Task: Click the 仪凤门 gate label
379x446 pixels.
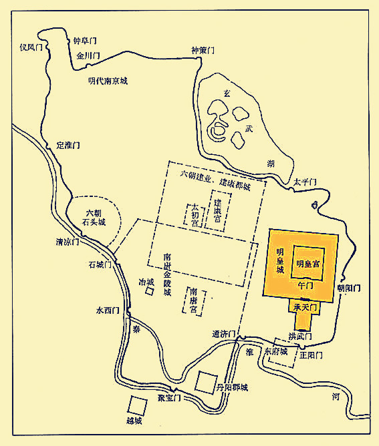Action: tap(31, 47)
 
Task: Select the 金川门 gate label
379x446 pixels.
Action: tap(88, 56)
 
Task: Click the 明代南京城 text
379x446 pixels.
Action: tap(108, 81)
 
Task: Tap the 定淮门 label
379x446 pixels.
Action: tap(68, 145)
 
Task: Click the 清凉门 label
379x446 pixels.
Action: tap(68, 242)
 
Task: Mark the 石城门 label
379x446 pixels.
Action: tap(100, 264)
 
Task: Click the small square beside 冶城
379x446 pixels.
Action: tap(150, 294)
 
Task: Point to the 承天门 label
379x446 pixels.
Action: tap(304, 306)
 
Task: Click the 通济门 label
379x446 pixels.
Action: tap(225, 333)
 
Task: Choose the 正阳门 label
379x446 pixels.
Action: tap(311, 355)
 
